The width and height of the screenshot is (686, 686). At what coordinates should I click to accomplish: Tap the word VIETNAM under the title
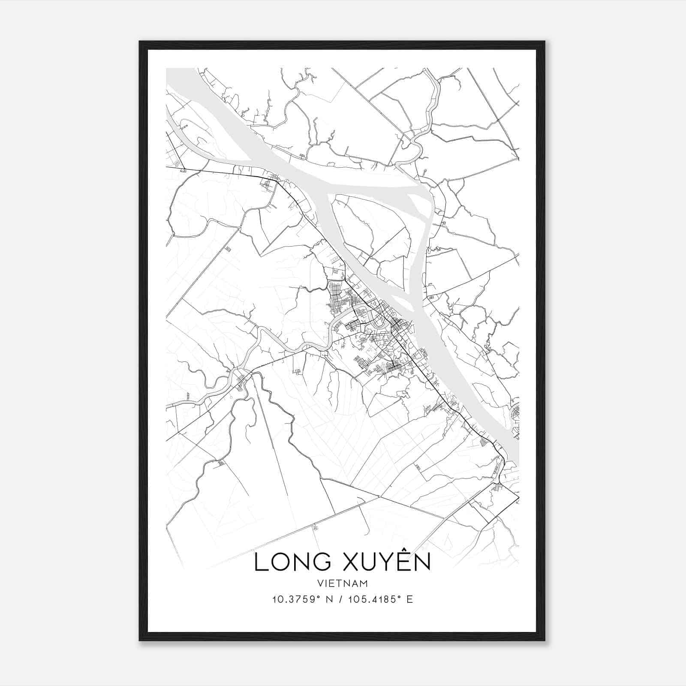(x=343, y=583)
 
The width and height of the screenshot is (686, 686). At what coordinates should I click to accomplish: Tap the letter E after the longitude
(x=409, y=599)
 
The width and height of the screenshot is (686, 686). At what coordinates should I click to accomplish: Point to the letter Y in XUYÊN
(x=385, y=563)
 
